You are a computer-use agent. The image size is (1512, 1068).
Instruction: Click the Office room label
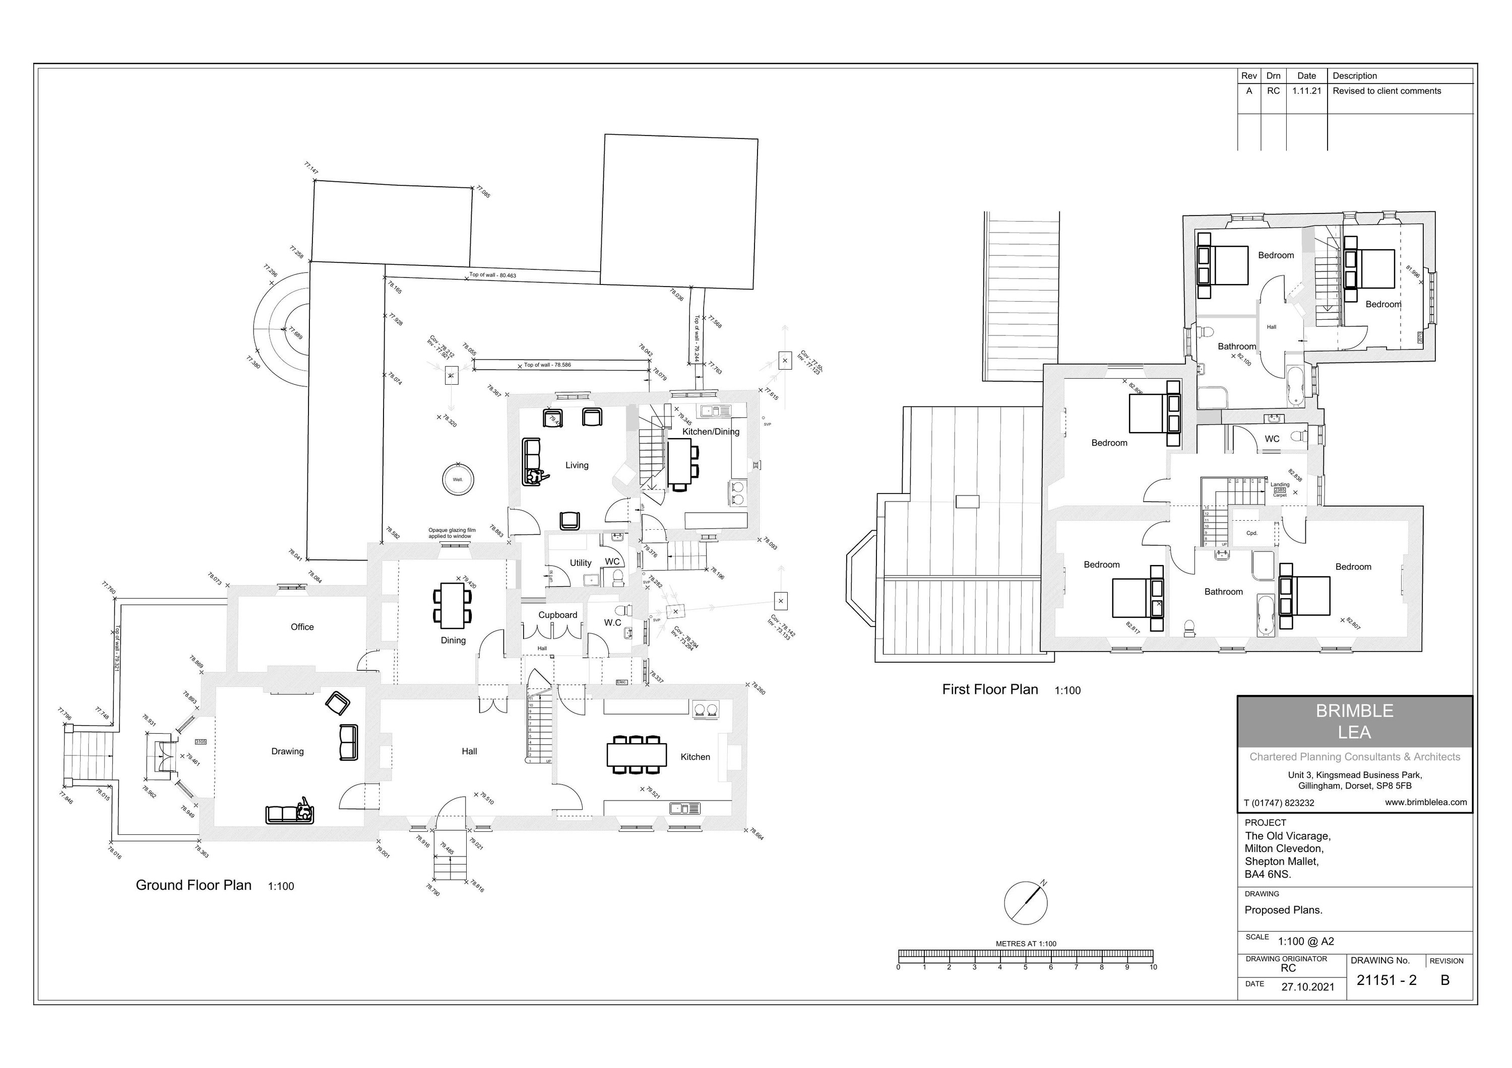pyautogui.click(x=302, y=627)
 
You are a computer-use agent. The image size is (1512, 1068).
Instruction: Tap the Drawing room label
pyautogui.click(x=288, y=751)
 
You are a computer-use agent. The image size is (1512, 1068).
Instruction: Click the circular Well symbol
pyautogui.click(x=458, y=480)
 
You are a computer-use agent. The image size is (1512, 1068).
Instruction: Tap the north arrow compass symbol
pyautogui.click(x=1025, y=903)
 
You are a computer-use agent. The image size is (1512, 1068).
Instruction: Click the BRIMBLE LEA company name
pyautogui.click(x=1355, y=721)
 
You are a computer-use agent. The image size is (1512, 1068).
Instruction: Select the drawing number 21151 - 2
pyautogui.click(x=1386, y=980)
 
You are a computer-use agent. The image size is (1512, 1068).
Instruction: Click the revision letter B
pyautogui.click(x=1445, y=980)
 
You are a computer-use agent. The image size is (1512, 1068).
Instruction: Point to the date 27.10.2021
pyautogui.click(x=1308, y=987)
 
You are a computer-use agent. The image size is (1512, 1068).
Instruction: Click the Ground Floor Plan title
pyautogui.click(x=194, y=885)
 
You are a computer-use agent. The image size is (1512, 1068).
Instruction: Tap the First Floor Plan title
pyautogui.click(x=990, y=690)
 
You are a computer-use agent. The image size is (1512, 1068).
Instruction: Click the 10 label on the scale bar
pyautogui.click(x=1153, y=967)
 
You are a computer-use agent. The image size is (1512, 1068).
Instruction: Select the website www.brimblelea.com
pyautogui.click(x=1426, y=802)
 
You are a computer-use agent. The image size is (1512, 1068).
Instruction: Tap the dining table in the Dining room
pyautogui.click(x=453, y=605)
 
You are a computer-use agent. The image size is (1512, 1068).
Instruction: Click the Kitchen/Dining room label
pyautogui.click(x=711, y=432)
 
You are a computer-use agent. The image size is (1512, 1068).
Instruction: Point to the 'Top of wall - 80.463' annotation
pyautogui.click(x=492, y=275)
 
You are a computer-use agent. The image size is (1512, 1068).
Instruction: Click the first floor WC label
pyautogui.click(x=1272, y=439)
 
